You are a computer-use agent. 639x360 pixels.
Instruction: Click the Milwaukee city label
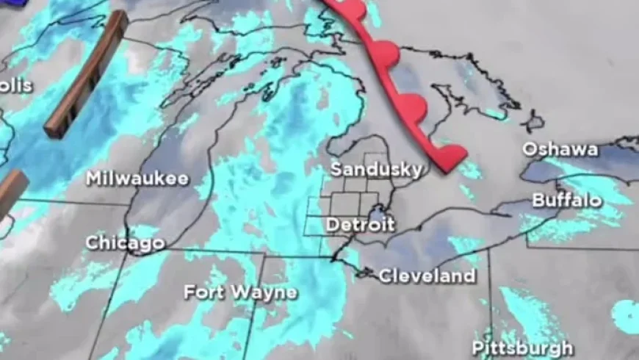[x=137, y=179]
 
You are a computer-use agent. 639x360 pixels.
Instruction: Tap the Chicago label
[x=124, y=242]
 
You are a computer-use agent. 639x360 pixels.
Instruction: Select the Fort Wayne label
[x=240, y=292]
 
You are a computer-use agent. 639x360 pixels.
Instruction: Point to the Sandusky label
[x=376, y=170]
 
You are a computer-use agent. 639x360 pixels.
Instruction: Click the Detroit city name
[x=360, y=225]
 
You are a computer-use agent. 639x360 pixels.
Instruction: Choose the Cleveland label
[x=427, y=276]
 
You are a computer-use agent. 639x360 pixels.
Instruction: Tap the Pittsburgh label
[x=522, y=347]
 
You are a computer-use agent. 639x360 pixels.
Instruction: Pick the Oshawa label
[x=560, y=149]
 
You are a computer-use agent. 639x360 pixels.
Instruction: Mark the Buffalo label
[x=567, y=200]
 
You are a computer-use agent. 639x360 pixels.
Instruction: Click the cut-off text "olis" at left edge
[x=16, y=86]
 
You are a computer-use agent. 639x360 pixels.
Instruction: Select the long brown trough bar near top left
[x=86, y=76]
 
